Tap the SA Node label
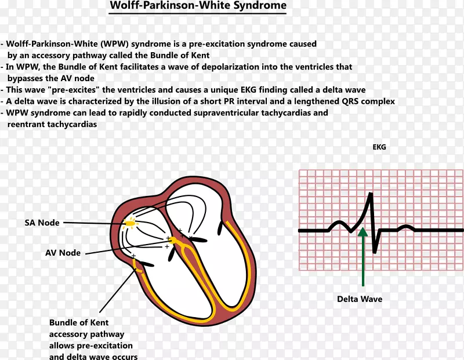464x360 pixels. pos(42,223)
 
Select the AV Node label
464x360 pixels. pos(63,253)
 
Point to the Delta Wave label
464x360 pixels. pos(360,299)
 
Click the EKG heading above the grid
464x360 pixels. pos(379,147)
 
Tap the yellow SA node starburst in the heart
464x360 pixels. pos(130,222)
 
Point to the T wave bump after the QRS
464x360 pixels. pos(405,227)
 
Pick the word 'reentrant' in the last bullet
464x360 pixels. pos(26,124)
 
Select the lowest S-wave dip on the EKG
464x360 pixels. pos(375,250)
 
